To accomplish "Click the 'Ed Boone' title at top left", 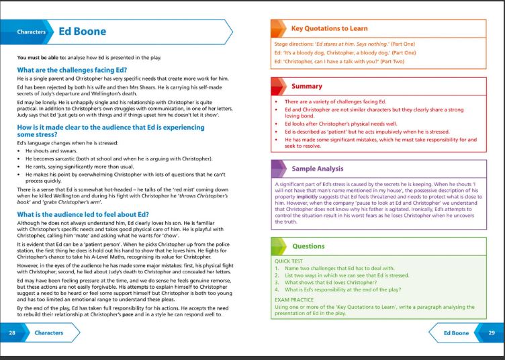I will click(x=83, y=31).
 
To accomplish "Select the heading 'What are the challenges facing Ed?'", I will click(x=73, y=70).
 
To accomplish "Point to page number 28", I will click(x=12, y=332).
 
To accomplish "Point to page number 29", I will click(x=491, y=332).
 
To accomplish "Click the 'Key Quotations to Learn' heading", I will click(x=329, y=29).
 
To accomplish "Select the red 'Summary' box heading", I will click(x=306, y=86).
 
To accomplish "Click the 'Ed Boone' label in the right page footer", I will click(x=456, y=332).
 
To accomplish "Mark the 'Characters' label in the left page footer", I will click(x=49, y=332).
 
